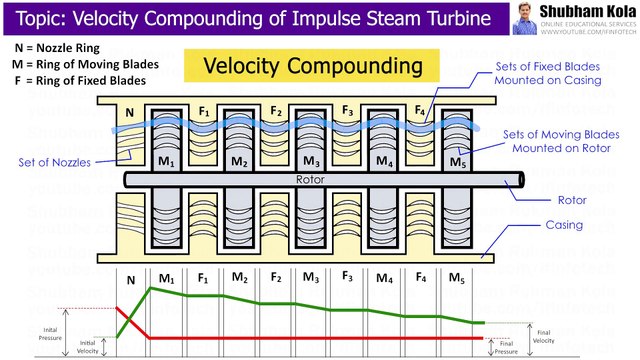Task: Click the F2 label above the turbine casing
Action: click(x=276, y=111)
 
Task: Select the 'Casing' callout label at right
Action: click(x=563, y=225)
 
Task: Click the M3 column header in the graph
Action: click(x=312, y=278)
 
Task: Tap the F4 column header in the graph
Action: click(x=420, y=278)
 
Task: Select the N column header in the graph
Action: click(x=130, y=280)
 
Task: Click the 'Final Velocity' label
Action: click(x=543, y=336)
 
